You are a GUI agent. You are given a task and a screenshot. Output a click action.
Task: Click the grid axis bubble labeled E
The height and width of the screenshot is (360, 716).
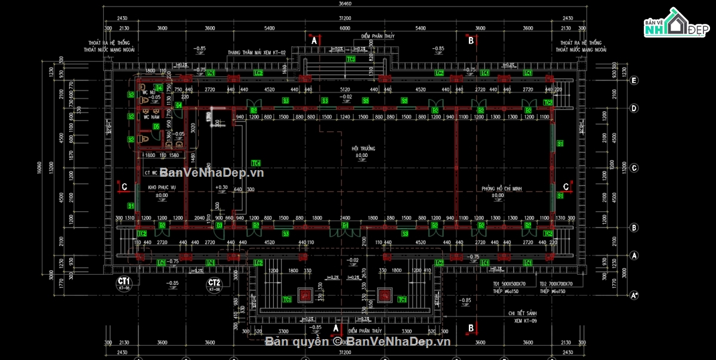635,80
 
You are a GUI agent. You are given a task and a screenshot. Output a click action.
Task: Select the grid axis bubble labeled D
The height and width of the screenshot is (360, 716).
635,108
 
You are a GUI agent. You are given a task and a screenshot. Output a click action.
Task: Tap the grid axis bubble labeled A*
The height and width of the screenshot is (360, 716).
635,295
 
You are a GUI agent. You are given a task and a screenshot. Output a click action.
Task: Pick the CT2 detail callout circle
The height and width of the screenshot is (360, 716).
215,285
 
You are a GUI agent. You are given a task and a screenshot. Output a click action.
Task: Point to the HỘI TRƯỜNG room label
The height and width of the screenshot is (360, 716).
359,147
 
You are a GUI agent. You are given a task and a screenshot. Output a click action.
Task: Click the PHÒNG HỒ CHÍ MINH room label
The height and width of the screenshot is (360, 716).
502,189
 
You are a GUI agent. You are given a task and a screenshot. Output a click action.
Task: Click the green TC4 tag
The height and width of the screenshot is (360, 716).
256,163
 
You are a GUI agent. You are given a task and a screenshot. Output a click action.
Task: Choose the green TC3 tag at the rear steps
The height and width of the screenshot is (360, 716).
351,59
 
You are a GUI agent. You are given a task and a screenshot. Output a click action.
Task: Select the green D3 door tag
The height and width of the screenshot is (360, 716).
219,226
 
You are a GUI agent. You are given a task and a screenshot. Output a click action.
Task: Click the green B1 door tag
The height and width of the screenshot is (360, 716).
345,226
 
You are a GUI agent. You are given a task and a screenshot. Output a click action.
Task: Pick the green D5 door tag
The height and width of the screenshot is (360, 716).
156,126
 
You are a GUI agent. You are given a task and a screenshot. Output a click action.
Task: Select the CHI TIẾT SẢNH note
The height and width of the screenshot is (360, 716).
520,313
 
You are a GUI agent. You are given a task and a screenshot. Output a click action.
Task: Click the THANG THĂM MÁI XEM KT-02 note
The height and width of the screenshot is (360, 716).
257,53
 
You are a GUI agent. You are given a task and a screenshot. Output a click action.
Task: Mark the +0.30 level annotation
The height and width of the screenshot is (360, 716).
221,187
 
